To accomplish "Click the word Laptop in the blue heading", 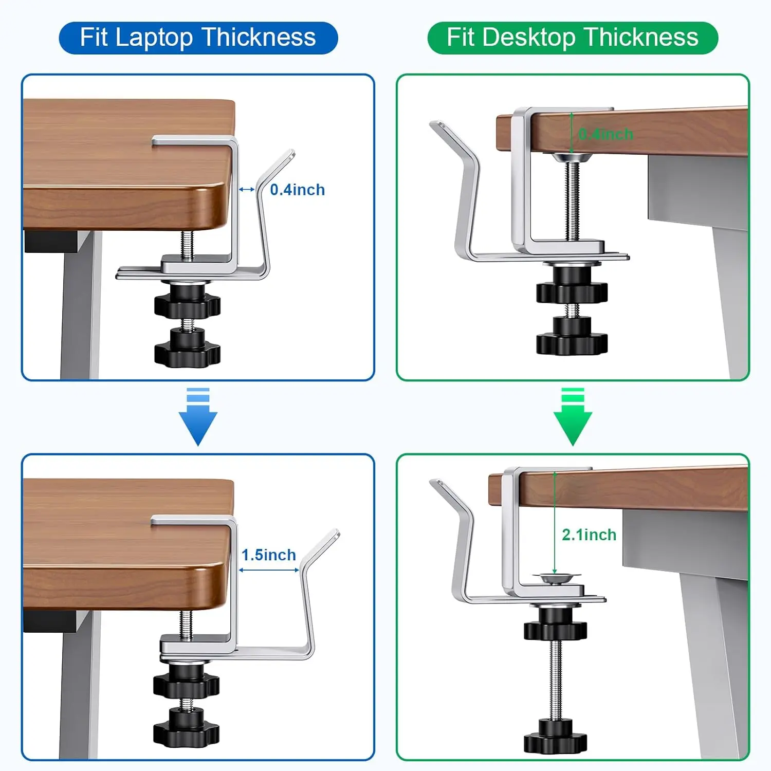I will (x=154, y=38).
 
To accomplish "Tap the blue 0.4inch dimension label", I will (x=297, y=190).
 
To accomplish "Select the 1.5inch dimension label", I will (x=269, y=555).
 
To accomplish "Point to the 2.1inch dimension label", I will (x=589, y=535).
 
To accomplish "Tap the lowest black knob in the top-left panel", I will (x=187, y=350).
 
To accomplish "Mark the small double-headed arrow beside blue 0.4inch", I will (x=247, y=190).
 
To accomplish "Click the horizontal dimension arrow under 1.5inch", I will (x=269, y=570).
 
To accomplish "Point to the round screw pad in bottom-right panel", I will (x=557, y=579).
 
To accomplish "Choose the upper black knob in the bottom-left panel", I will (x=186, y=681).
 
